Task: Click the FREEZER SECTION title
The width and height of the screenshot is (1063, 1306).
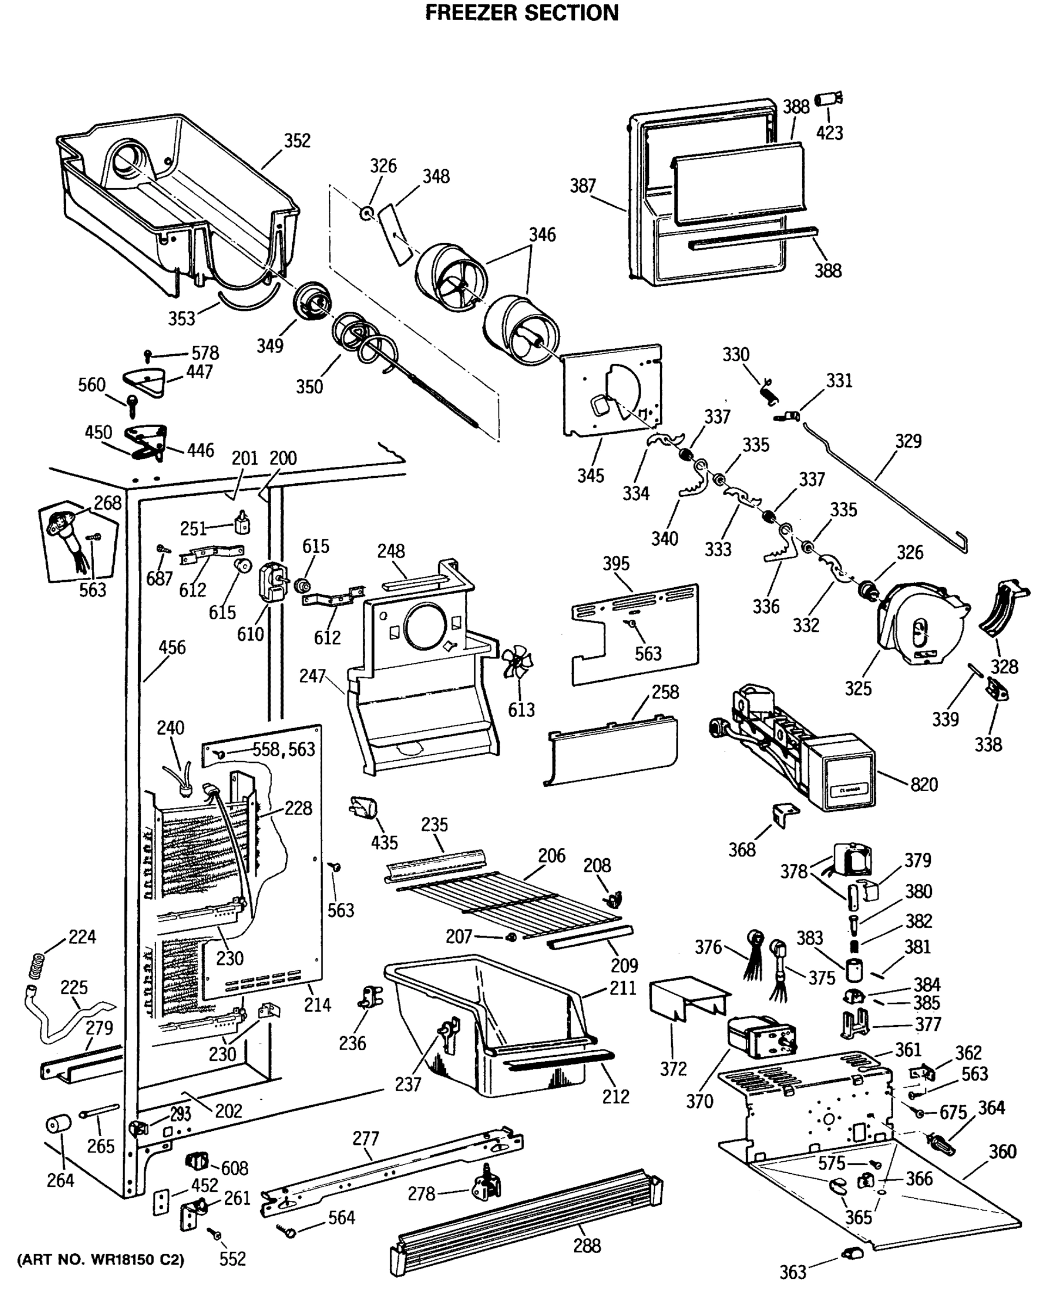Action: tap(521, 13)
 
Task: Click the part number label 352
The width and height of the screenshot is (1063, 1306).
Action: tap(297, 141)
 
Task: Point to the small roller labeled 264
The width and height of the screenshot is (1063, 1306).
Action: tap(58, 1124)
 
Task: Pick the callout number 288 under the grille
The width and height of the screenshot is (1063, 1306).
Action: tap(587, 1246)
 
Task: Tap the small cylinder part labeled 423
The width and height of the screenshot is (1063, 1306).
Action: tap(828, 99)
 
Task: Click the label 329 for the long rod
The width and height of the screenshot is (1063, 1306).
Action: tap(907, 441)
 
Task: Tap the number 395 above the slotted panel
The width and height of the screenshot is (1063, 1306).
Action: tap(616, 563)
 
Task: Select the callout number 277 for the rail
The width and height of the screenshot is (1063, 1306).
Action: tap(366, 1138)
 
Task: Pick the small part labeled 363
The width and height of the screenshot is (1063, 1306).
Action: tap(851, 1253)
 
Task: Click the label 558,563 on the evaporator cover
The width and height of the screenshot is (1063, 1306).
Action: tap(284, 749)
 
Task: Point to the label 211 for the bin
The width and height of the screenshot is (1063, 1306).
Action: tap(622, 988)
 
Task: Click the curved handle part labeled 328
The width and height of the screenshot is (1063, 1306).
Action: tap(1003, 607)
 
